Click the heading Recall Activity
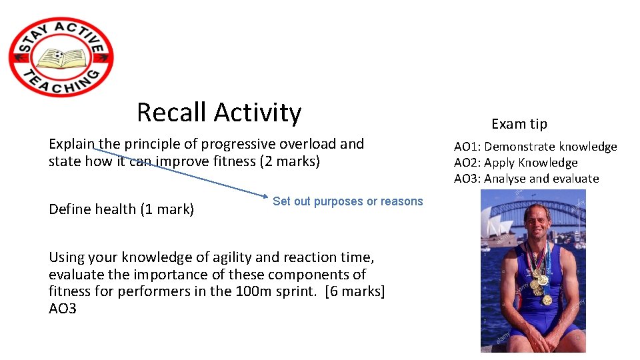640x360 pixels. [x=219, y=112]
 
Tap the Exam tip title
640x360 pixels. [x=519, y=124]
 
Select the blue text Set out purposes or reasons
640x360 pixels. [x=347, y=201]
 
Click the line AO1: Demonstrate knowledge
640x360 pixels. [x=535, y=147]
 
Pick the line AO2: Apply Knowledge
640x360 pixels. [x=515, y=163]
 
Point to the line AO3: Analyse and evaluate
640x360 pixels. [x=526, y=179]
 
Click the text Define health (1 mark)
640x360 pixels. [x=121, y=209]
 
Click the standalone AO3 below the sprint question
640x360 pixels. [x=63, y=308]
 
